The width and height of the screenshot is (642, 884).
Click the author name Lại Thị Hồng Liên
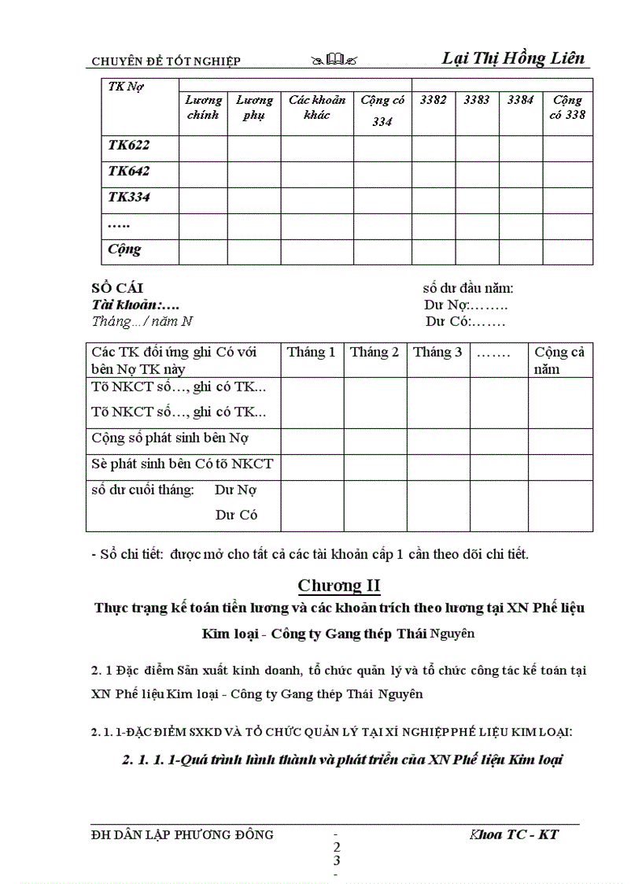[513, 59]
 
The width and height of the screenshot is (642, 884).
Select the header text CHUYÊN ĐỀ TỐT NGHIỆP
[166, 61]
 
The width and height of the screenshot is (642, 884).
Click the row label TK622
[129, 146]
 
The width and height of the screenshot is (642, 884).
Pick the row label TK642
[129, 172]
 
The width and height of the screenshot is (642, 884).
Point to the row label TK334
[129, 198]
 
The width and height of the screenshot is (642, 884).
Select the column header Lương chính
[204, 108]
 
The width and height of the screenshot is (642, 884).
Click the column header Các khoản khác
[316, 108]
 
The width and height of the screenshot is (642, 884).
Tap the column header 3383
[477, 100]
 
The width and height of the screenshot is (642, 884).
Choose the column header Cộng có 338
[566, 108]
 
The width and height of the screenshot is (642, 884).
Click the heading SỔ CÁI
[118, 289]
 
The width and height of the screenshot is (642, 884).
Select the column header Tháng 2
[374, 353]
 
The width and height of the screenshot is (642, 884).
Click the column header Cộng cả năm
[559, 361]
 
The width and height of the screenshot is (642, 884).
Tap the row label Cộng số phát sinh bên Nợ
[171, 438]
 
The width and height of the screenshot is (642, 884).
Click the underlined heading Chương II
[339, 586]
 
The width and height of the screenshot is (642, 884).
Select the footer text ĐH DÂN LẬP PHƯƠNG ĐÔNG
[183, 834]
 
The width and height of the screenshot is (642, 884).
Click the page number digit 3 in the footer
[337, 860]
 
